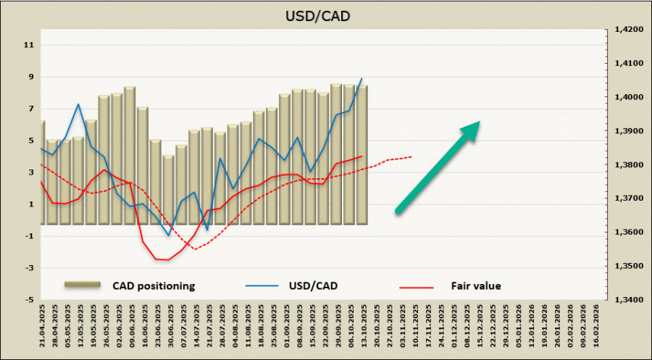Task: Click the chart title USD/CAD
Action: [326, 14]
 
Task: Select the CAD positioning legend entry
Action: [153, 286]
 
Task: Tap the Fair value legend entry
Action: [475, 286]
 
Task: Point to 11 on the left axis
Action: [30, 45]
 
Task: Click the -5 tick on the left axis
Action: [28, 300]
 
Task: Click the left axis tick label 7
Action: [30, 109]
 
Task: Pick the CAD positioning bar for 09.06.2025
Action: [129, 156]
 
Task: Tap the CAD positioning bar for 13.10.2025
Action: [362, 155]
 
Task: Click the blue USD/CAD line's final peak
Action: [361, 78]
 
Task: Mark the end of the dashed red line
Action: [412, 156]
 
